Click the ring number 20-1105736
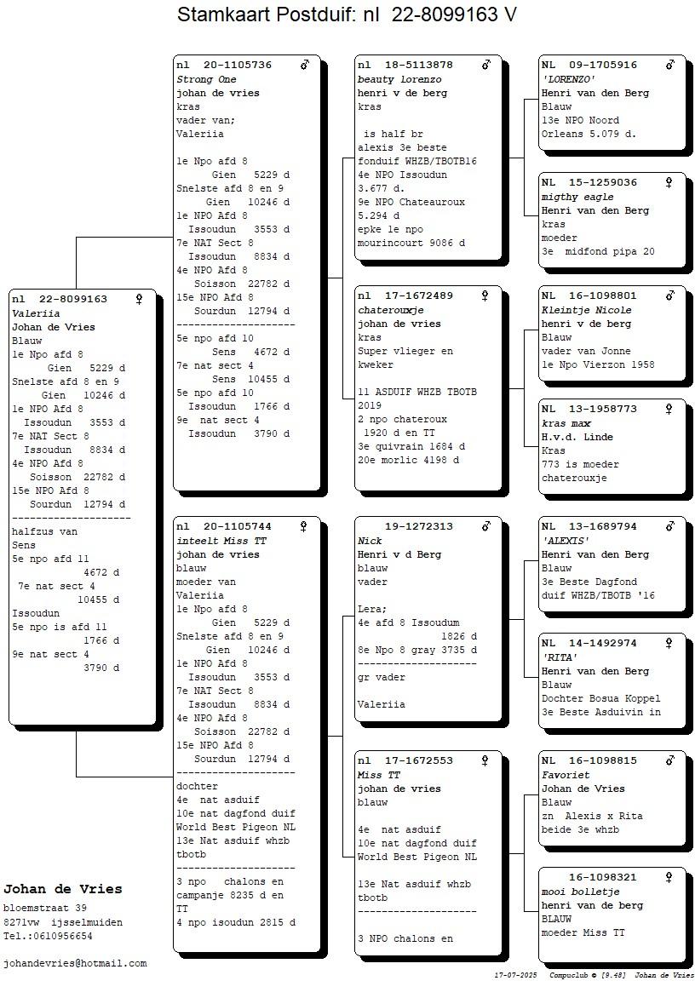click(238, 65)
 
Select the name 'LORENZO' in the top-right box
click(568, 79)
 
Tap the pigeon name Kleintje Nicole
click(587, 311)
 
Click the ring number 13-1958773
click(603, 410)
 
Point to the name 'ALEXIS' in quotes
click(566, 541)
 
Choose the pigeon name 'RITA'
click(560, 657)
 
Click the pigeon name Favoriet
click(566, 775)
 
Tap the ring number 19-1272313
click(419, 526)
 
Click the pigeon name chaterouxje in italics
click(391, 311)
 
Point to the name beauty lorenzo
click(399, 79)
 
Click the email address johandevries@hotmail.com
click(75, 964)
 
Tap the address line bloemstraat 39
click(44, 909)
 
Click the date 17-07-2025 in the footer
click(515, 975)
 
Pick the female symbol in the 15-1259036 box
click(669, 183)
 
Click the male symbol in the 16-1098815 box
click(670, 760)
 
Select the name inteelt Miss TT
click(221, 541)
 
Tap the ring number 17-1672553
click(419, 760)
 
